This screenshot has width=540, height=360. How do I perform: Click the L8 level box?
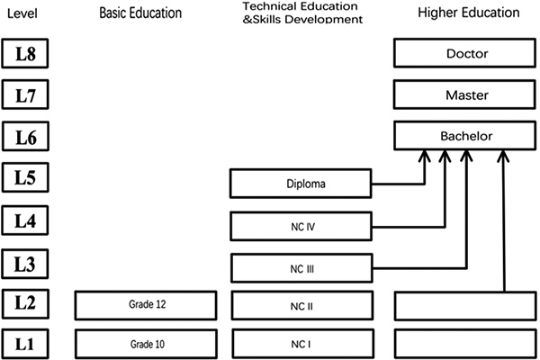pyautogui.click(x=24, y=53)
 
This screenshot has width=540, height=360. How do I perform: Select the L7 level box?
pyautogui.click(x=24, y=94)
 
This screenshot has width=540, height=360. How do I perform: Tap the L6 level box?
pyautogui.click(x=24, y=136)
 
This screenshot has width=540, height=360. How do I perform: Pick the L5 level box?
pyautogui.click(x=24, y=178)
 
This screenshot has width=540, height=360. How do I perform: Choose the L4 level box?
pyautogui.click(x=24, y=220)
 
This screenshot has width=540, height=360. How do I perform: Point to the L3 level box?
pyautogui.click(x=24, y=264)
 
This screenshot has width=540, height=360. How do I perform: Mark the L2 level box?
pyautogui.click(x=24, y=305)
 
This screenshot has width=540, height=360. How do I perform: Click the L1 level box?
pyautogui.click(x=24, y=343)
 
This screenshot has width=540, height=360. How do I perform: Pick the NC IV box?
pyautogui.click(x=301, y=225)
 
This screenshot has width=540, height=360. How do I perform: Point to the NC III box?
pyautogui.click(x=301, y=267)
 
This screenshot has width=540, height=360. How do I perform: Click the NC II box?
pyautogui.click(x=301, y=305)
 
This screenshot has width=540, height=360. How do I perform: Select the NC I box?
pyautogui.click(x=301, y=343)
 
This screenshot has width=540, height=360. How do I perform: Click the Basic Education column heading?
pyautogui.click(x=140, y=13)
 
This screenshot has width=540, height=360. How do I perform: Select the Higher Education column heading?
pyautogui.click(x=468, y=13)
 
